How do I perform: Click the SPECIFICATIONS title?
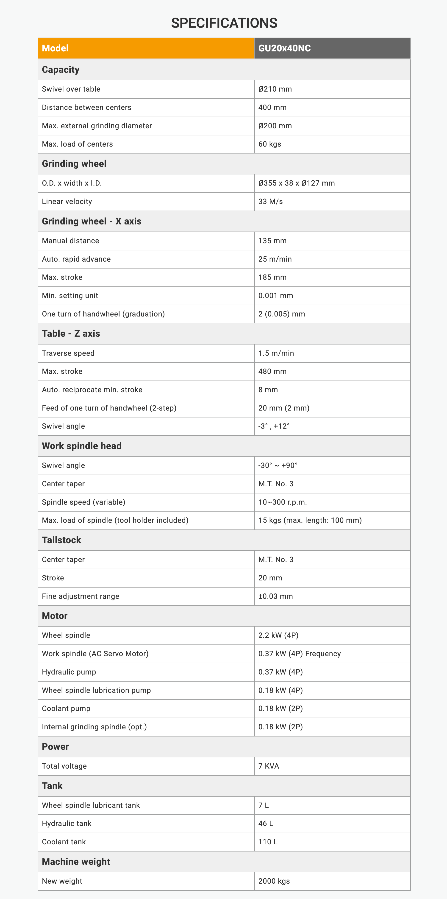pyautogui.click(x=224, y=23)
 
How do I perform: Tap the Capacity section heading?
pyautogui.click(x=61, y=70)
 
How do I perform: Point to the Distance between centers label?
pyautogui.click(x=86, y=107)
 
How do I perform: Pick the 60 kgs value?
pyautogui.click(x=269, y=144)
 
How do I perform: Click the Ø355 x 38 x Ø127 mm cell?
pyautogui.click(x=296, y=183)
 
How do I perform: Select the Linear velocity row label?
pyautogui.click(x=67, y=201)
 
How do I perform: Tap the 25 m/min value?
pyautogui.click(x=275, y=259)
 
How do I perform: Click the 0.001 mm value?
pyautogui.click(x=275, y=296)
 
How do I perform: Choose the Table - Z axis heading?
pyautogui.click(x=71, y=333)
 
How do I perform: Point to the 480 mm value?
pyautogui.click(x=272, y=371)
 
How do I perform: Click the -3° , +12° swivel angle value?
pyautogui.click(x=274, y=426)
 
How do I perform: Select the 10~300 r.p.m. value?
pyautogui.click(x=282, y=502)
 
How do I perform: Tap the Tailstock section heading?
pyautogui.click(x=61, y=540)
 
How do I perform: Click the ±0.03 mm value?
pyautogui.click(x=275, y=596)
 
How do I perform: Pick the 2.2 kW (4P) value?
pyautogui.click(x=278, y=635)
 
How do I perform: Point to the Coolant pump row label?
pyautogui.click(x=66, y=709)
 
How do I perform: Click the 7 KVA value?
pyautogui.click(x=269, y=766)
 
